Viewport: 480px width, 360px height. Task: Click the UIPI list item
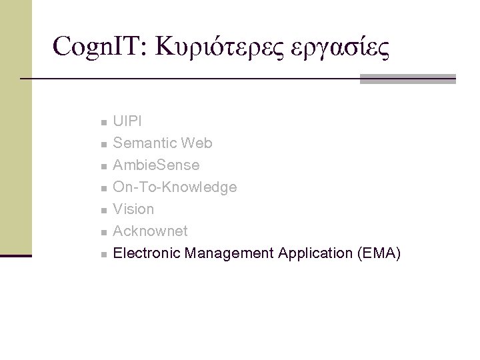coord(127,121)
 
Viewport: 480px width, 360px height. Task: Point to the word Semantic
coord(141,143)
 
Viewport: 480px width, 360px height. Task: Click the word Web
coord(198,143)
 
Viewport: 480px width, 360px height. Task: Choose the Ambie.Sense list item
coord(156,165)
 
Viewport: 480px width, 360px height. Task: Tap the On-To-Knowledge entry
coord(175,187)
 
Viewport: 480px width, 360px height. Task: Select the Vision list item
coord(133,209)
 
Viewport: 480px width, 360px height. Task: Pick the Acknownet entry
coord(150,231)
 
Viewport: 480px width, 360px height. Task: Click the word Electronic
coord(147,253)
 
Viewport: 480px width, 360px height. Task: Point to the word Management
coord(230,253)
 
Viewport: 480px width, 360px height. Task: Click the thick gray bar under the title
coord(407,79)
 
